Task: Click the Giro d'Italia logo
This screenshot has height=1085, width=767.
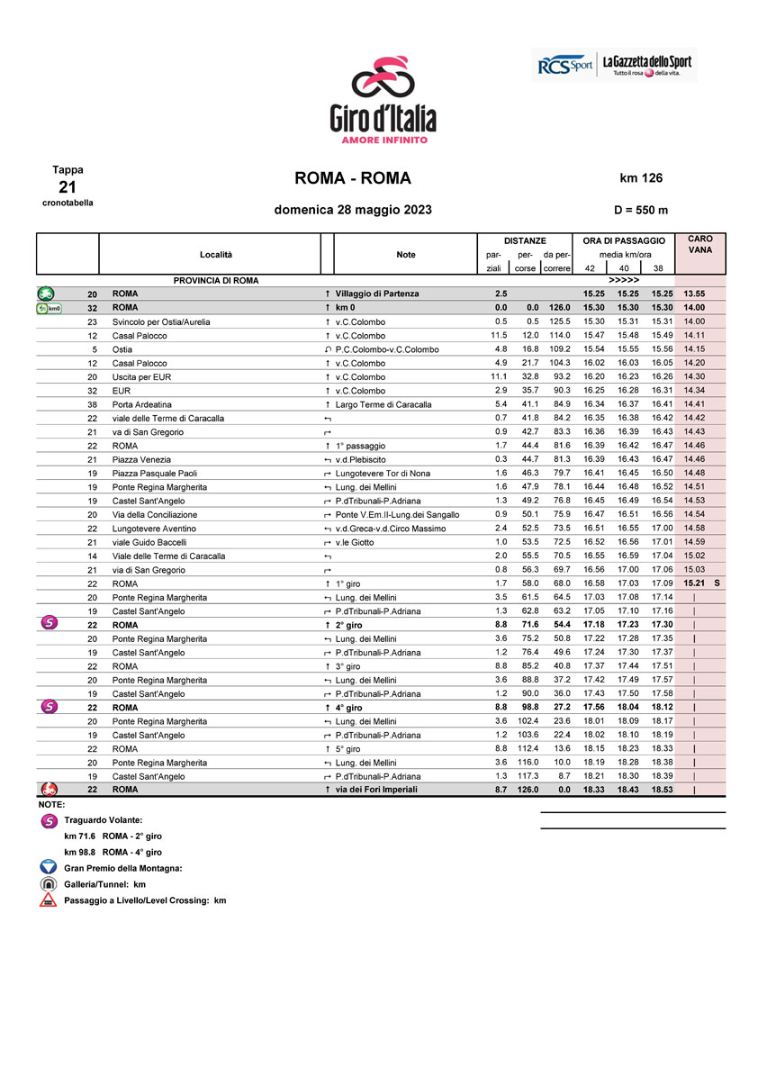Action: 383,98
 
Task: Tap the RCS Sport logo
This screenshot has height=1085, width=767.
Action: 564,66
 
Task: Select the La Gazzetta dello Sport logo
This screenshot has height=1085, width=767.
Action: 646,66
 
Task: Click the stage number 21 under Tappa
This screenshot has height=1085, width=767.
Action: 68,186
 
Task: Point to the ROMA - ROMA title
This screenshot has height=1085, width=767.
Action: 353,178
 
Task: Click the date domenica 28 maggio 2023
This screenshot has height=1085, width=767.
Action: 353,210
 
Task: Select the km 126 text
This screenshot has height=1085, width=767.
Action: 641,178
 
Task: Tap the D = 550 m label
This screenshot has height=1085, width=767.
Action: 641,210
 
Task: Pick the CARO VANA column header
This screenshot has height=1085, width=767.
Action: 699,244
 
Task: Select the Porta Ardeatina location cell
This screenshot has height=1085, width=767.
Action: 141,404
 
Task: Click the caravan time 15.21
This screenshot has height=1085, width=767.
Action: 693,583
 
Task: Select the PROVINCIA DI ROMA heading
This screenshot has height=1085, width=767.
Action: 216,280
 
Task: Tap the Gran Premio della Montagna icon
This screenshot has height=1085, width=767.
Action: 49,867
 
